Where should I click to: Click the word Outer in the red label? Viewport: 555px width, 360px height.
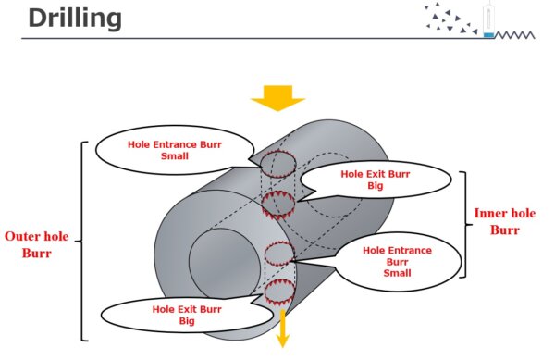22,235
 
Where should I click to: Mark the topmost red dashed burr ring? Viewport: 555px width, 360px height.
277,165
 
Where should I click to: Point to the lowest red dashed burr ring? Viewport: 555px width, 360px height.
278,293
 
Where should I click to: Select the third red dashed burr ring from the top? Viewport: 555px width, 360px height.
278,253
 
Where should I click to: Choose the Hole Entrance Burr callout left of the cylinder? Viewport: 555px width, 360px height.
175,151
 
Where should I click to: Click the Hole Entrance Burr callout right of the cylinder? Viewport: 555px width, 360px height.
396,261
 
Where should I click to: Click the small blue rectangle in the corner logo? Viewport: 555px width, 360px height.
488,35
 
